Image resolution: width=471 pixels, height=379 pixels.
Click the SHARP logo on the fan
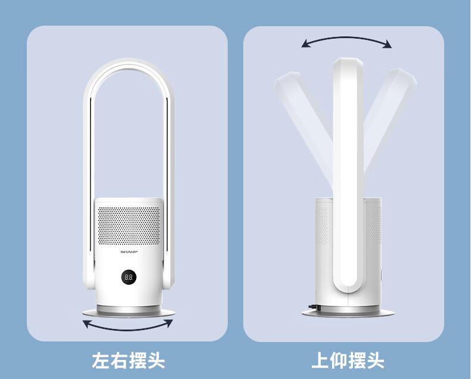[129, 251]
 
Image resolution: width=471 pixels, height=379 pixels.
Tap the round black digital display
[129, 277]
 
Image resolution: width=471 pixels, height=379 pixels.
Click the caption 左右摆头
[129, 361]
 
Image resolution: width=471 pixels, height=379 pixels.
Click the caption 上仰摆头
[348, 361]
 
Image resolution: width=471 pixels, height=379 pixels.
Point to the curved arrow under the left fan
[128, 330]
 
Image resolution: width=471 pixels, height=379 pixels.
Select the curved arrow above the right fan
[346, 38]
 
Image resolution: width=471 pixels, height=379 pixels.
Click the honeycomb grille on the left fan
[129, 225]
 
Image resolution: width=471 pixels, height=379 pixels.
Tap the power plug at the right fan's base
[314, 307]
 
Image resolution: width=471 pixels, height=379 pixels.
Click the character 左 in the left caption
[101, 361]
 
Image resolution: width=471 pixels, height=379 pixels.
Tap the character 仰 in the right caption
[339, 361]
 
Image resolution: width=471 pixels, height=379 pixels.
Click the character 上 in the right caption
[321, 361]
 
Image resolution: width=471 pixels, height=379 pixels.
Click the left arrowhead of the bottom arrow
[87, 324]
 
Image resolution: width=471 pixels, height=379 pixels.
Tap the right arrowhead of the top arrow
[388, 44]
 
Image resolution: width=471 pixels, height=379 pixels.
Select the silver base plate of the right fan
[348, 312]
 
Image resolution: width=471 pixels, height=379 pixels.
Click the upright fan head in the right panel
[348, 174]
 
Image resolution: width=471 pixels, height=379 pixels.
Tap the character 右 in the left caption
[119, 361]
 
